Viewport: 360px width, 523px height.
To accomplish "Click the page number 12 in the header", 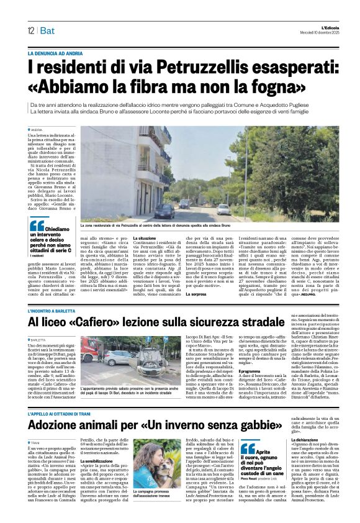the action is [x=30, y=31].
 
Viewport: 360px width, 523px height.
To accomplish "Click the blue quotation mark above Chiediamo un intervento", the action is [x=37, y=225].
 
